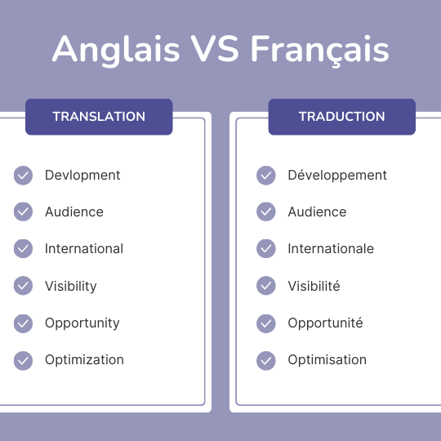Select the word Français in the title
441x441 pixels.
[320, 51]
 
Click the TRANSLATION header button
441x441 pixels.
[99, 116]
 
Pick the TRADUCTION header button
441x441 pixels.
[341, 116]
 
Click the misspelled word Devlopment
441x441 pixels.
[82, 175]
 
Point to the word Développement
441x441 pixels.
[337, 175]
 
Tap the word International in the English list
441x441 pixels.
[84, 248]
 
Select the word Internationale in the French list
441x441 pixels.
[331, 248]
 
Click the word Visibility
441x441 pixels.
[71, 286]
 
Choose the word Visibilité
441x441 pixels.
[314, 286]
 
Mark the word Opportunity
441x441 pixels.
[82, 323]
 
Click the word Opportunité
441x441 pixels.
[325, 323]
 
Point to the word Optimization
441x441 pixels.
[84, 359]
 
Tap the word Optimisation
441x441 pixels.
[327, 359]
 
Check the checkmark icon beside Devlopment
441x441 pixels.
[23, 175]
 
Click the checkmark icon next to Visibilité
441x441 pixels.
[266, 286]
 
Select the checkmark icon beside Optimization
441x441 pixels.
[23, 359]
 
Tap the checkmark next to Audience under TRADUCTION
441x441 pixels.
[266, 212]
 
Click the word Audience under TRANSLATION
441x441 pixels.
[74, 212]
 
